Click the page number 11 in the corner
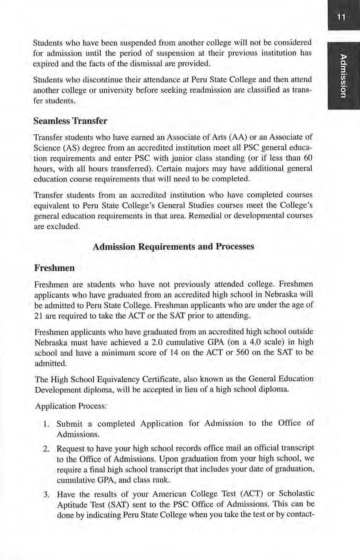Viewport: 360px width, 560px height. pyautogui.click(x=341, y=17)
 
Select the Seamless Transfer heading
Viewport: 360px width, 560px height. pyautogui.click(x=70, y=121)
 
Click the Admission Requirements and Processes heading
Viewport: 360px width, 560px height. pyautogui.click(x=173, y=247)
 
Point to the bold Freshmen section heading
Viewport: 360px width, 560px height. pyautogui.click(x=54, y=268)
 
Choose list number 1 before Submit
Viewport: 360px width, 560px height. pyautogui.click(x=47, y=424)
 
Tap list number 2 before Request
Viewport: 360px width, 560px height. pyautogui.click(x=47, y=449)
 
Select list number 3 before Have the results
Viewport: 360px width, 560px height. pyautogui.click(x=47, y=494)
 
